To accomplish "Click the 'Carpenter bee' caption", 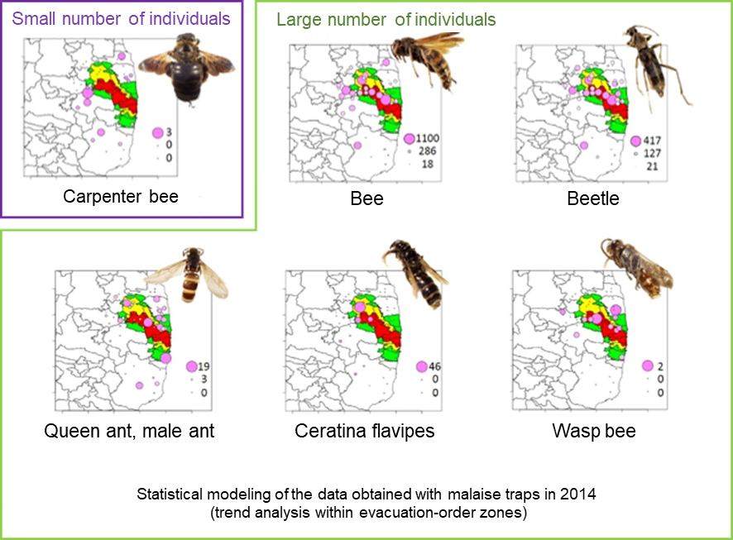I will [121, 197].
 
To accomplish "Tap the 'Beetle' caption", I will [593, 199].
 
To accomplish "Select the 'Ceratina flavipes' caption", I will [364, 432].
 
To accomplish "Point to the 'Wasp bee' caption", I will [594, 432].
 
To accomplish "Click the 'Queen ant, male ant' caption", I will [129, 432].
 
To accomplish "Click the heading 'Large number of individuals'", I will [386, 19].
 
